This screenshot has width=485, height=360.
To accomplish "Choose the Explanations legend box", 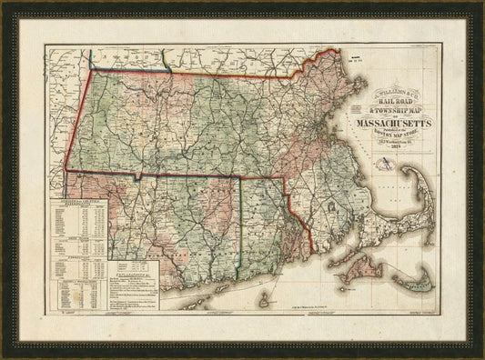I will [x=121, y=283].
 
